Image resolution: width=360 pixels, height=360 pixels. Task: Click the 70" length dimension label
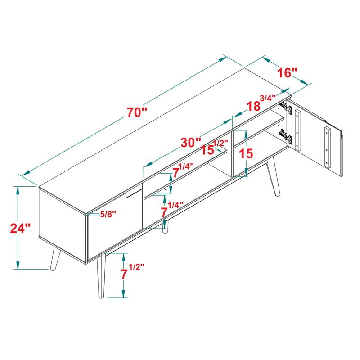coord(137,112)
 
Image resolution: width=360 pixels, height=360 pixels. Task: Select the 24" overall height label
coord(20,228)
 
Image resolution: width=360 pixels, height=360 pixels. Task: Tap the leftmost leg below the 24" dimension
coord(55,259)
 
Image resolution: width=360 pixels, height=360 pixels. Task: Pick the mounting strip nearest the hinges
coord(297,130)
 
